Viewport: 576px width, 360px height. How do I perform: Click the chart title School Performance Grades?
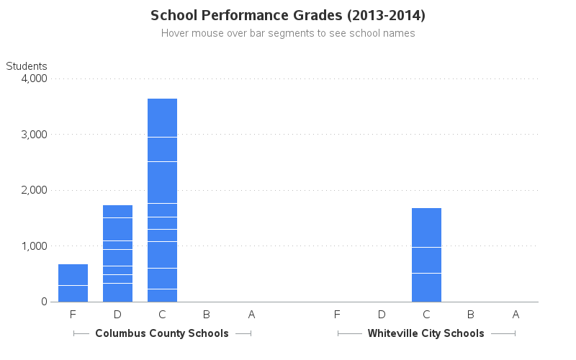tap(288, 15)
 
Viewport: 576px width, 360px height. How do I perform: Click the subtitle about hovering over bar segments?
tap(288, 33)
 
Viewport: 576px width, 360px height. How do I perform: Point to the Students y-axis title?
tap(27, 66)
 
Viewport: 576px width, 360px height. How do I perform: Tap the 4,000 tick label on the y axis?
tap(33, 78)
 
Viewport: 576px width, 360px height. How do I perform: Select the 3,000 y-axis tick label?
tap(33, 135)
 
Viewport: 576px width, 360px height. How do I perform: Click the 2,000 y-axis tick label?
tap(33, 190)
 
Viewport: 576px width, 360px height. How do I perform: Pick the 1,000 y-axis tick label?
tap(33, 246)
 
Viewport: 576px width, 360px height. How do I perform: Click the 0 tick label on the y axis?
tap(43, 302)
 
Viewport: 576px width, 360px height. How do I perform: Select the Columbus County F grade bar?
tap(73, 283)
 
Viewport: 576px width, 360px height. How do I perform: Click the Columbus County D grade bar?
tap(117, 253)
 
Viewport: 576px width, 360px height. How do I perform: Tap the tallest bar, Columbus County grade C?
tap(162, 200)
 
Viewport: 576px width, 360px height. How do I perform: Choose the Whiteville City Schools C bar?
tap(426, 255)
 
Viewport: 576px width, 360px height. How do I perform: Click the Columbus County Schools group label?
tap(162, 333)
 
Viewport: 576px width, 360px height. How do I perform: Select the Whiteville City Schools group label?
tap(426, 333)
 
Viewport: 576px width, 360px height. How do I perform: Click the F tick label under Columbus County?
tap(73, 314)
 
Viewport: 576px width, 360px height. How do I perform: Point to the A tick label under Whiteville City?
tap(516, 314)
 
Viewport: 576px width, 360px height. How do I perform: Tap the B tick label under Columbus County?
tap(207, 314)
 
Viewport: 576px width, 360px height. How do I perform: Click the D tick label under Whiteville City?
tap(382, 314)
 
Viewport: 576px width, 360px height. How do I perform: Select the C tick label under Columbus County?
tap(162, 314)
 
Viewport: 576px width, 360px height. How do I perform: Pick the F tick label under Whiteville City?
tap(337, 314)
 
